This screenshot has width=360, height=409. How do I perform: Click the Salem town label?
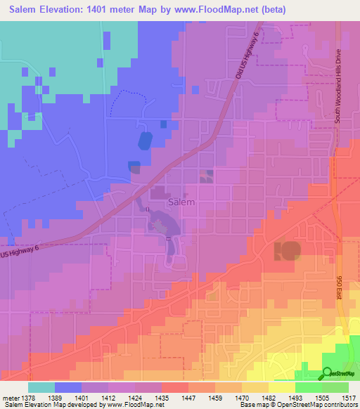coord(182,202)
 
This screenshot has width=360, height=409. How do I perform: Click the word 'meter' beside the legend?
coord(10,397)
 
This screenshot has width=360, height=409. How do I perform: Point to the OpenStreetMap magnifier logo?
coord(328,372)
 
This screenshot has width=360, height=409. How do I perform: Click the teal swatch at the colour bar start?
coord(41,387)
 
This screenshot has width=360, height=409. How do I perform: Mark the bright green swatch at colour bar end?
coord(335,387)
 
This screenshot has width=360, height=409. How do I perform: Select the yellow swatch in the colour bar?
coord(282,387)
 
